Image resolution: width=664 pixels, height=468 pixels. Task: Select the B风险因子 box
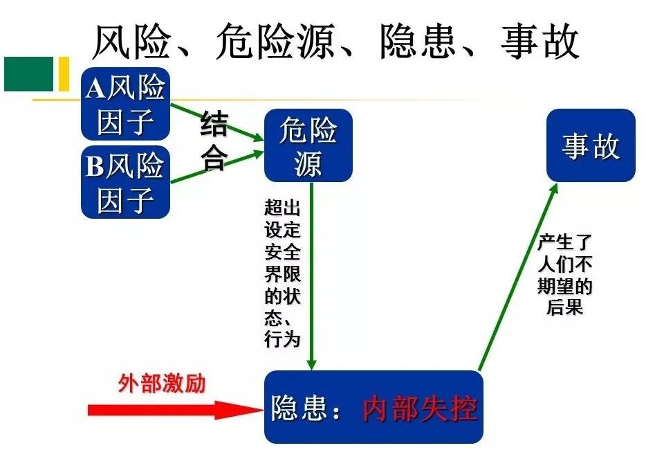[125, 181]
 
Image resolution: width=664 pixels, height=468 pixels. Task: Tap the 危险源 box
[308, 145]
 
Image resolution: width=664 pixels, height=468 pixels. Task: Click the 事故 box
[590, 145]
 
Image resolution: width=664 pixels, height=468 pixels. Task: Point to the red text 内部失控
[420, 408]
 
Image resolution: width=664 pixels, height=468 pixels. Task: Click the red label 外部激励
[162, 384]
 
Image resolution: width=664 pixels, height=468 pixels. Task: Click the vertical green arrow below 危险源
[311, 277]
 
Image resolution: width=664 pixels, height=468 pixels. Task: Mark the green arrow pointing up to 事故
[517, 277]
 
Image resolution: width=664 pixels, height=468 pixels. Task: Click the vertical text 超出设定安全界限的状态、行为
[282, 273]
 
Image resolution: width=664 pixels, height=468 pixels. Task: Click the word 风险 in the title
[131, 42]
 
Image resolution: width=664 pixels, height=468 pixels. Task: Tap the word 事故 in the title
[539, 42]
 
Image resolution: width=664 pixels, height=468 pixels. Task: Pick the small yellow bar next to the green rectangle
[64, 74]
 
